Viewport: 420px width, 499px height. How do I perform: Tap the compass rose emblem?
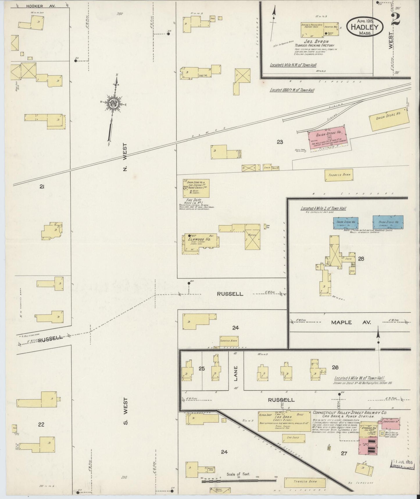pyautogui.click(x=113, y=103)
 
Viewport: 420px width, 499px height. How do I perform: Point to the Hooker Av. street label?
pyautogui.click(x=40, y=6)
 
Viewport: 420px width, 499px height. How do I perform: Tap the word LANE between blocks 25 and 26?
pyautogui.click(x=236, y=373)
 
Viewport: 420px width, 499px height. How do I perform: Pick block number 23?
pyautogui.click(x=280, y=142)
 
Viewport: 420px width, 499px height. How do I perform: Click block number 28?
pyautogui.click(x=361, y=259)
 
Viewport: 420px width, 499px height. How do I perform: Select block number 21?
pyautogui.click(x=42, y=187)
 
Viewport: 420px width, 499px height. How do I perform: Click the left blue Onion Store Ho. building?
pyautogui.click(x=346, y=222)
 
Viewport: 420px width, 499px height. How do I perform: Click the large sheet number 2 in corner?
pyautogui.click(x=396, y=20)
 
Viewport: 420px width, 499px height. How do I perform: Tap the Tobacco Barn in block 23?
pyautogui.click(x=339, y=175)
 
